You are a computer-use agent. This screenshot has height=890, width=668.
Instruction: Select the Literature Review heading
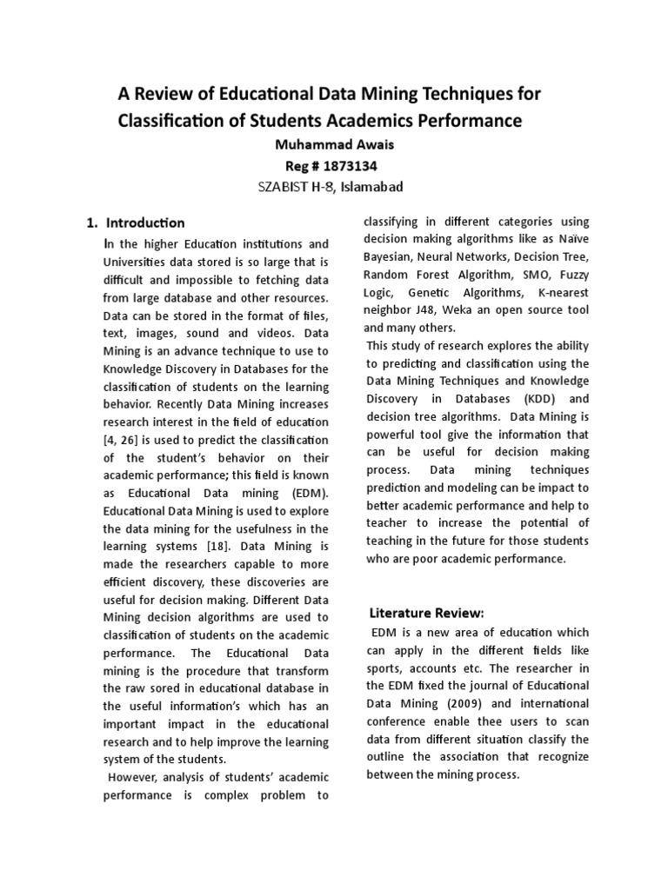pos(426,613)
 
